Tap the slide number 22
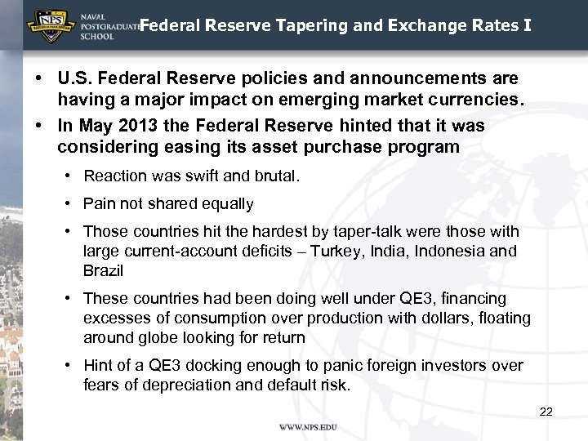point(546,412)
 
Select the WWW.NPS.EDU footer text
point(308,427)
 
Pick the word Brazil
point(103,270)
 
